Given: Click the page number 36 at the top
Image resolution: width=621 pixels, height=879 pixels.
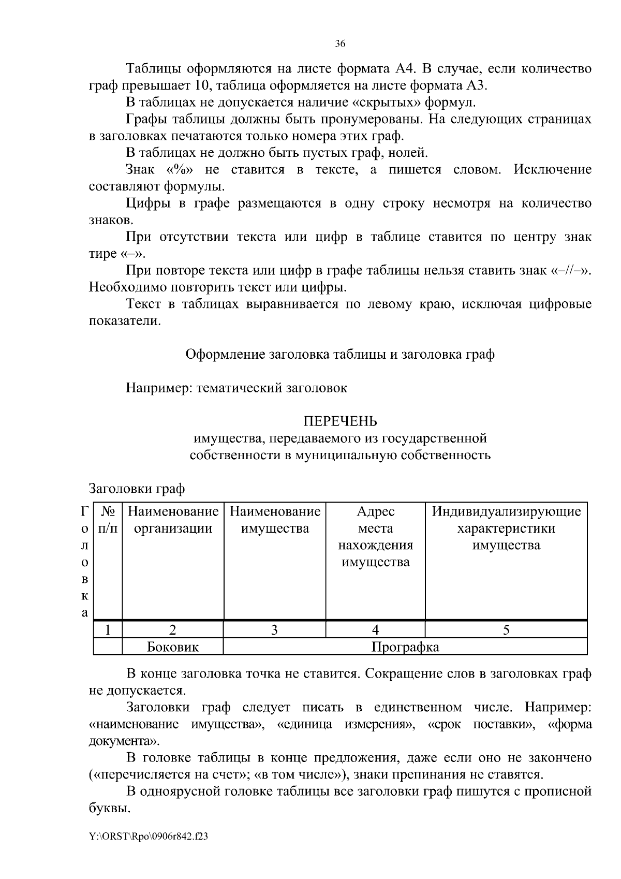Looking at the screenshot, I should pyautogui.click(x=340, y=44).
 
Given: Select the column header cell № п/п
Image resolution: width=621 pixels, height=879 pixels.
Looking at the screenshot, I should pyautogui.click(x=108, y=520).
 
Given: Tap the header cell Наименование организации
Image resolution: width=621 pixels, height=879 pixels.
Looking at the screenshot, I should pyautogui.click(x=173, y=520).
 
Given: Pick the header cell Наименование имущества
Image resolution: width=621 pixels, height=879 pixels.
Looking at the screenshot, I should pyautogui.click(x=275, y=520).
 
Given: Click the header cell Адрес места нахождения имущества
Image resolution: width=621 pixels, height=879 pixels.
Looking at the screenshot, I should pyautogui.click(x=376, y=537).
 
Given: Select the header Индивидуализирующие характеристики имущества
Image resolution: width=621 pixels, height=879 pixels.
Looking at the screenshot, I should pyautogui.click(x=506, y=528).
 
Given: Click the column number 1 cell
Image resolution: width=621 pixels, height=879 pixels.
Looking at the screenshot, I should pyautogui.click(x=108, y=629).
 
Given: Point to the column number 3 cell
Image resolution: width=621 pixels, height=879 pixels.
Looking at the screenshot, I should pyautogui.click(x=275, y=629).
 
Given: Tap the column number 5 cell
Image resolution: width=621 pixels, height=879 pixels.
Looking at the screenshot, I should pyautogui.click(x=506, y=629).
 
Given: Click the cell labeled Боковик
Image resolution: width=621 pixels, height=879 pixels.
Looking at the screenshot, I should pyautogui.click(x=173, y=647).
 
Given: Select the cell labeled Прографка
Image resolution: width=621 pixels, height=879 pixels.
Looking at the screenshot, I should pyautogui.click(x=405, y=647).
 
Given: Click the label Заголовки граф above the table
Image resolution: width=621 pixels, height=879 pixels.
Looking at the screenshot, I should pyautogui.click(x=137, y=489).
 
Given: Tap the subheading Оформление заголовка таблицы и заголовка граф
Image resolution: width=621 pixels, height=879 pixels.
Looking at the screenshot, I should pyautogui.click(x=340, y=355).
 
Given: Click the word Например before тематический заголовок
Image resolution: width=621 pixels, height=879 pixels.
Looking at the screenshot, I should pyautogui.click(x=158, y=388).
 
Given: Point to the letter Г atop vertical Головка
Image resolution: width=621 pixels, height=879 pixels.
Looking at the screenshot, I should pyautogui.click(x=84, y=511).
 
